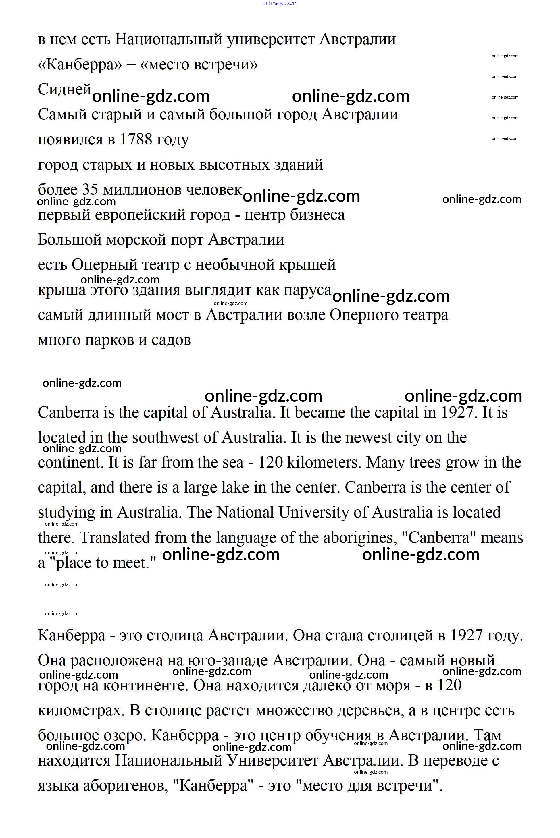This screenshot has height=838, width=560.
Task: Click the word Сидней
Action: [65, 89]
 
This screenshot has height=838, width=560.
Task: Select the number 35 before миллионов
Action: [90, 190]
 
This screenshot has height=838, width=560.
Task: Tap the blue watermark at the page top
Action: [280, 3]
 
